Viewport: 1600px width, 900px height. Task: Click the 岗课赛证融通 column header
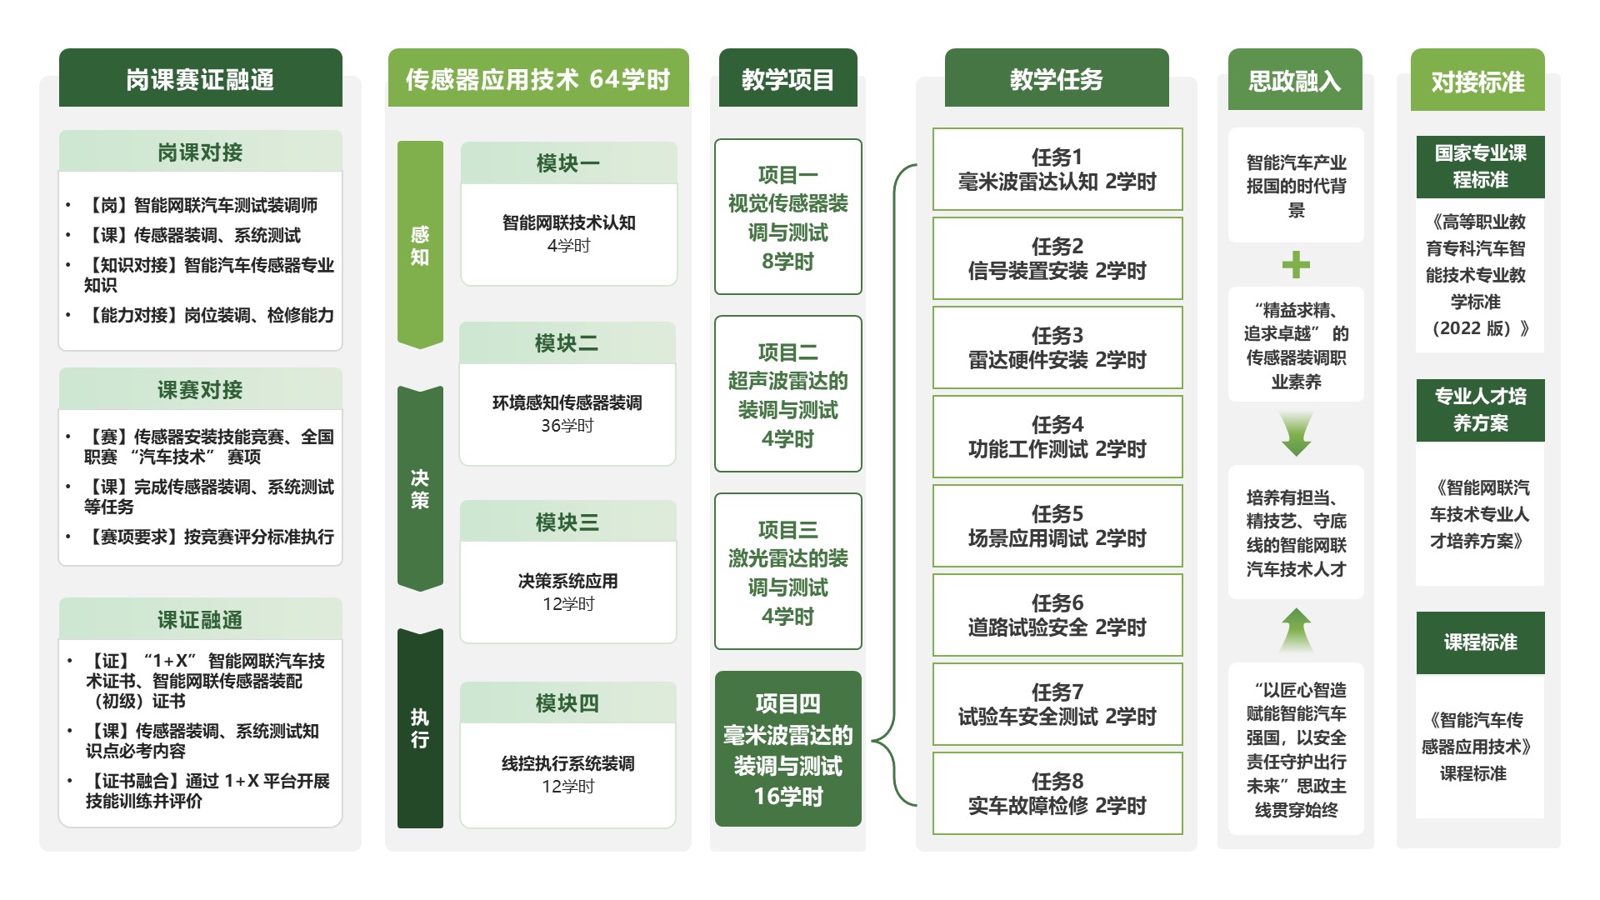click(x=200, y=79)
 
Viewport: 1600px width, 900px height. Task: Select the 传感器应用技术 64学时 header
click(x=538, y=79)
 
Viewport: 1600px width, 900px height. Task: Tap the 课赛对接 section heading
click(x=200, y=390)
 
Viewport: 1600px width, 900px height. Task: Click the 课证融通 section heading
click(x=200, y=620)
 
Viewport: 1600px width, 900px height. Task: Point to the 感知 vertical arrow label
click(x=420, y=246)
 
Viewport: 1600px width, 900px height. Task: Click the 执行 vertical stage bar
click(x=420, y=728)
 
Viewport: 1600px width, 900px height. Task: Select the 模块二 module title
click(x=567, y=343)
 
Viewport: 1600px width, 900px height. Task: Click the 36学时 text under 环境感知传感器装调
click(x=567, y=426)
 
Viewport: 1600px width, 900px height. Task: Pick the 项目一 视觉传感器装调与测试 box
click(x=787, y=217)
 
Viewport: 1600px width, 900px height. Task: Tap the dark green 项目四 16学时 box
click(x=787, y=749)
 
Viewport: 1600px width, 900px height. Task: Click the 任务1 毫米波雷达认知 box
click(x=1057, y=169)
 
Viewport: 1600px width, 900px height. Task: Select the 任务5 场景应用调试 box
click(x=1057, y=526)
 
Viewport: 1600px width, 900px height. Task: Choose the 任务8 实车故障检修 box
click(x=1057, y=793)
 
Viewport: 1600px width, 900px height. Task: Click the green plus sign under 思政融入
click(x=1296, y=265)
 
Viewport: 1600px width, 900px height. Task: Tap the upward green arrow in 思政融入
click(x=1296, y=630)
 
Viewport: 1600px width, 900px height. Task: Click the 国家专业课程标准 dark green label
click(x=1480, y=167)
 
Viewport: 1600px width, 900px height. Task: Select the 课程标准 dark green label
click(x=1480, y=642)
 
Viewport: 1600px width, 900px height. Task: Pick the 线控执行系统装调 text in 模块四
click(x=567, y=763)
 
